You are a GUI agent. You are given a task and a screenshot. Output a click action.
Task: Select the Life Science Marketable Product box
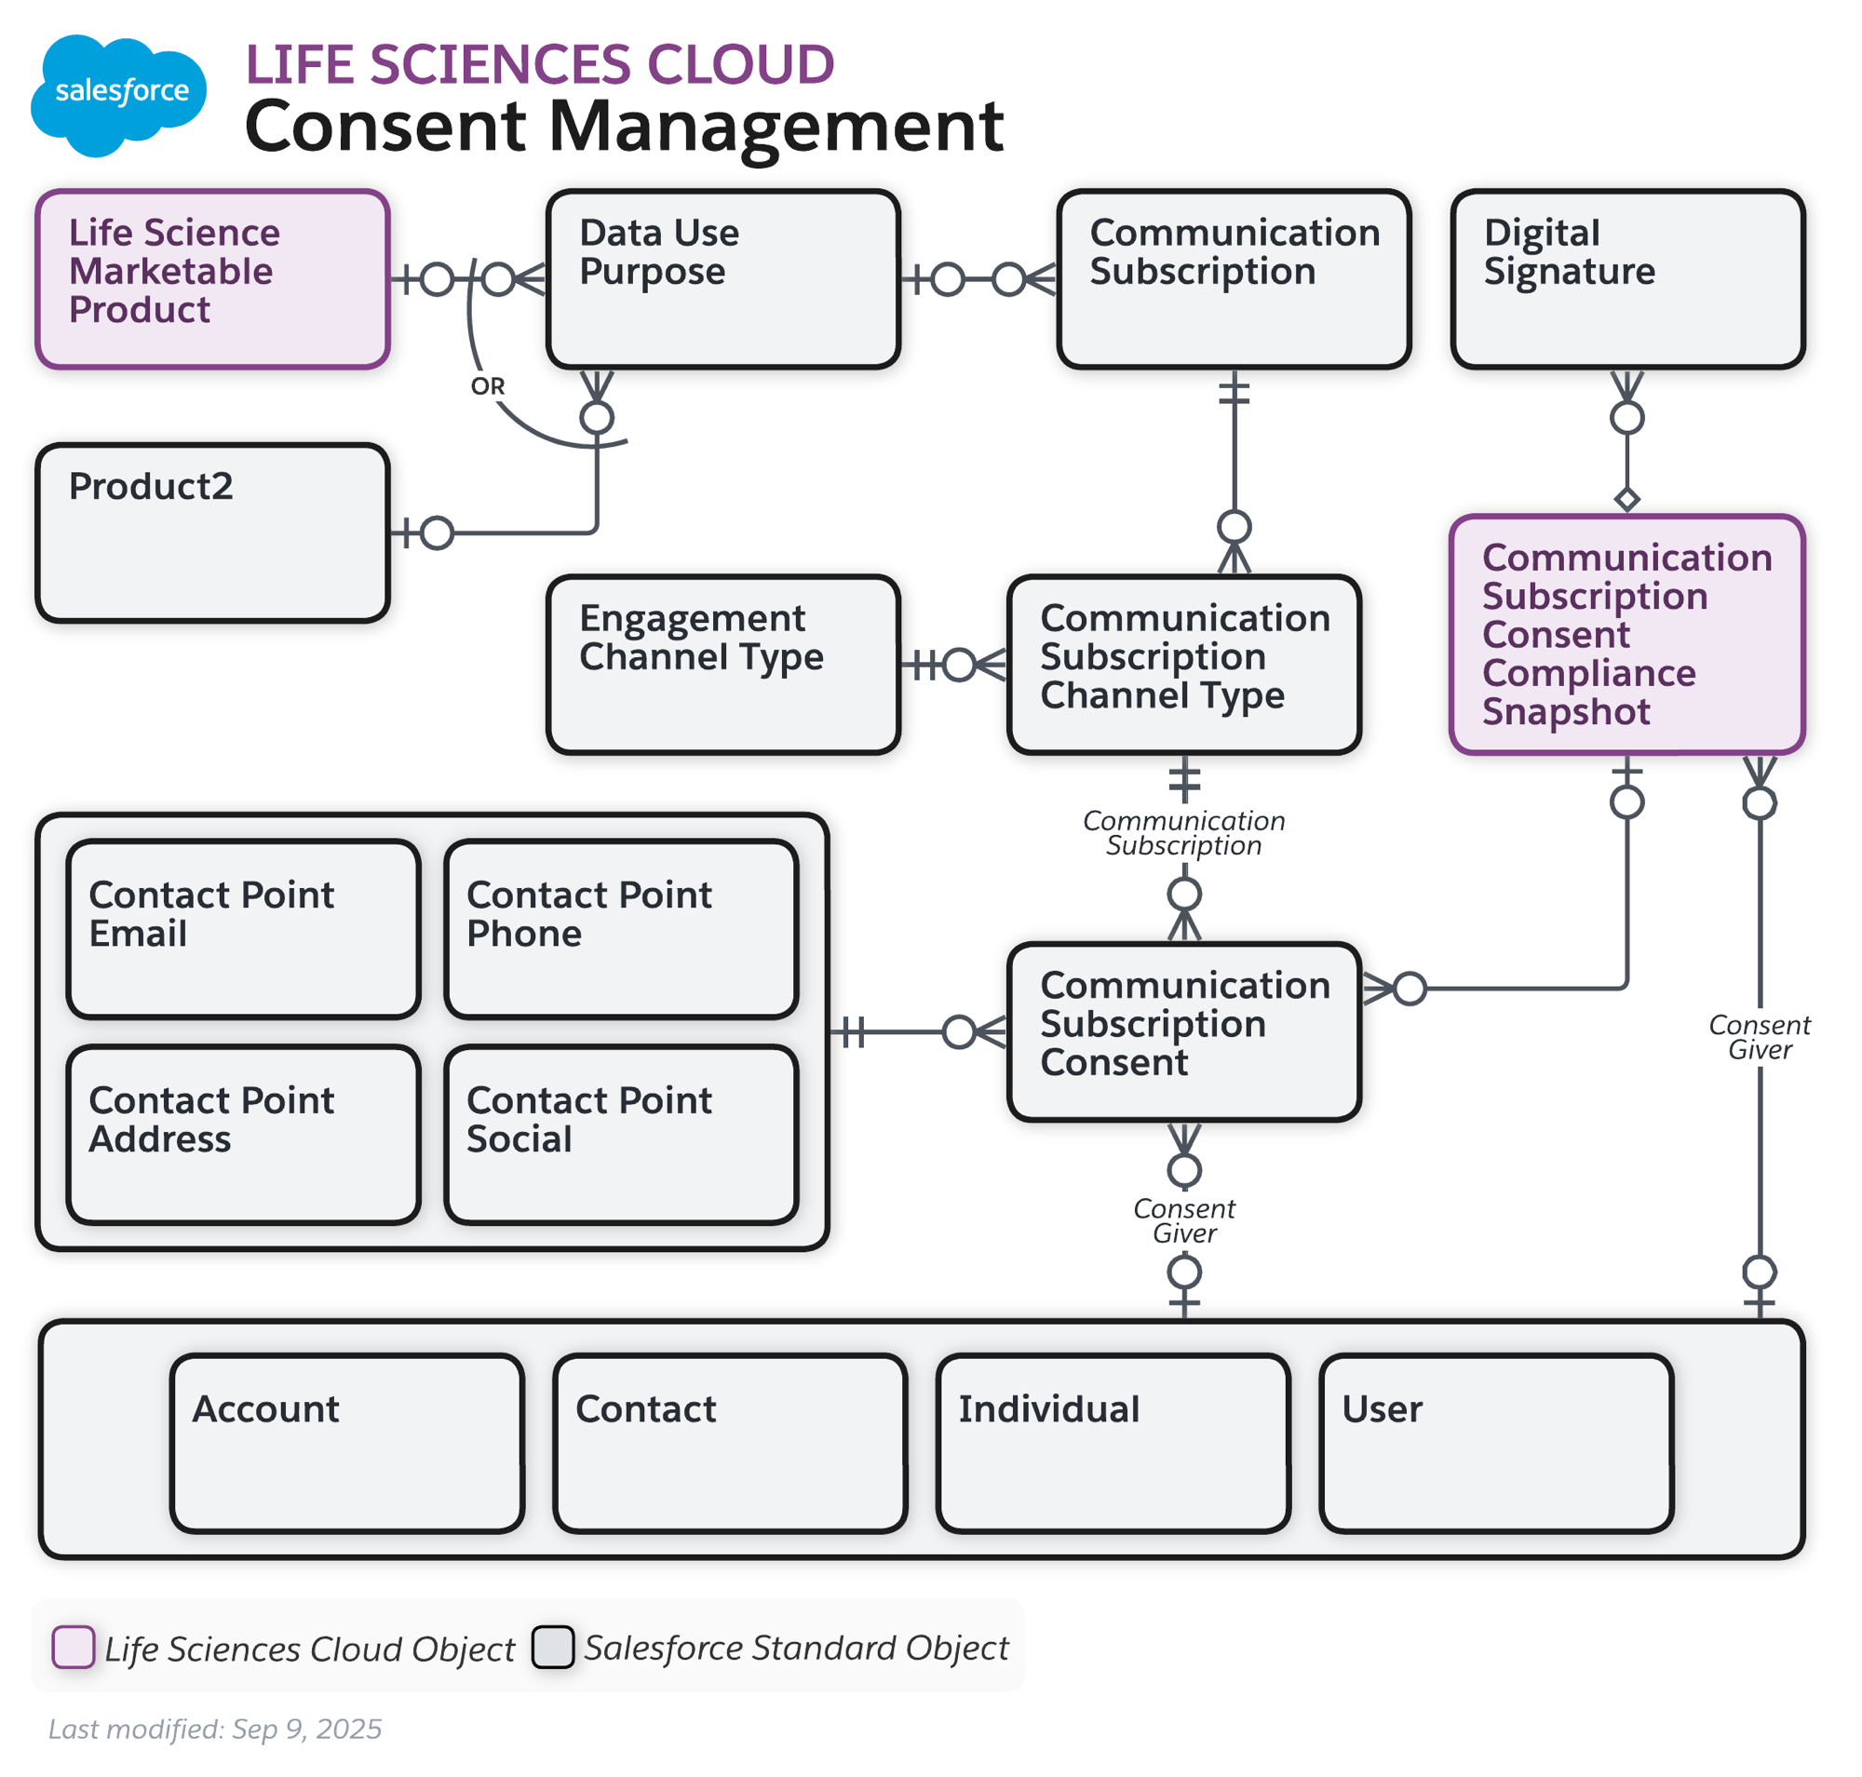point(212,278)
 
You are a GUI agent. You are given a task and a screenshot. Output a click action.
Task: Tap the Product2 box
point(212,532)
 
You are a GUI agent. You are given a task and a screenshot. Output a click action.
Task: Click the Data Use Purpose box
point(722,278)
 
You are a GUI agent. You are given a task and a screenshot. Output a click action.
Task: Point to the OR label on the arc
point(487,386)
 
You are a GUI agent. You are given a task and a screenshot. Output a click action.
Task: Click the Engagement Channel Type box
point(722,664)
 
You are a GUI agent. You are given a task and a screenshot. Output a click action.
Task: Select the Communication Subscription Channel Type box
point(1183,664)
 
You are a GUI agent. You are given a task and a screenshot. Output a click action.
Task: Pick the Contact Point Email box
point(243,928)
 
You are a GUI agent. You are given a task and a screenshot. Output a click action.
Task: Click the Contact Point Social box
point(621,1134)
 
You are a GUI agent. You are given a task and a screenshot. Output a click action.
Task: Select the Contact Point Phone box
point(621,928)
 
